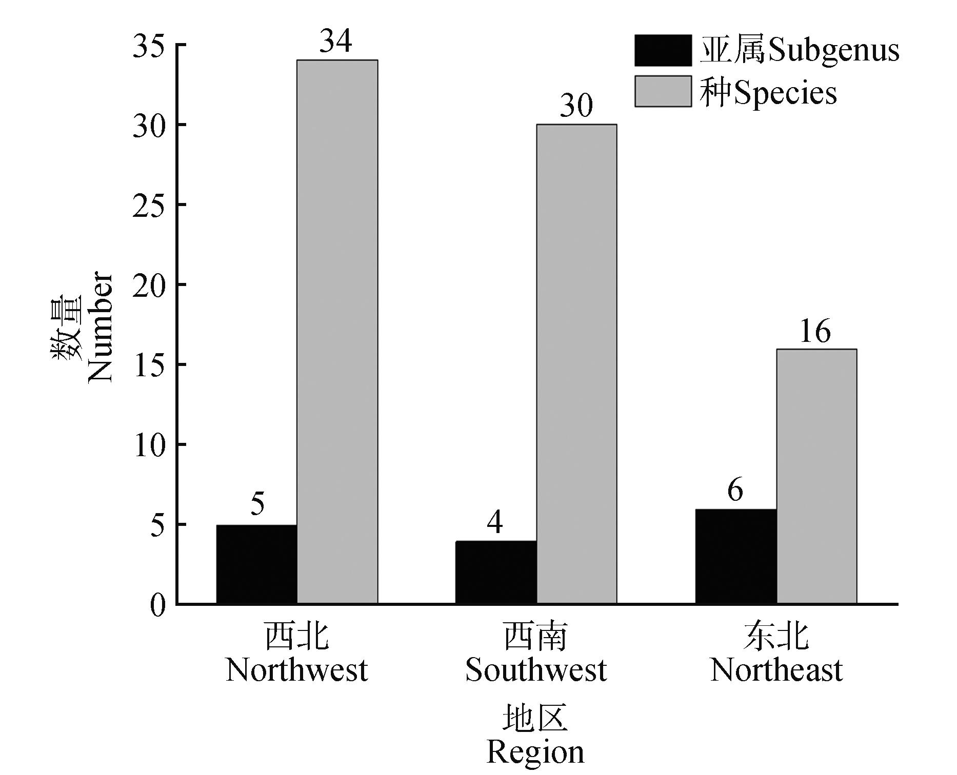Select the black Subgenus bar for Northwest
[256, 564]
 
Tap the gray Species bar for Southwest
[576, 364]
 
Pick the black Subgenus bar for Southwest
[496, 573]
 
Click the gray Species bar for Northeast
[816, 477]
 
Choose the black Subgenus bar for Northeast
[736, 557]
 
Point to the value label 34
[336, 41]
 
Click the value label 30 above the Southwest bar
[576, 106]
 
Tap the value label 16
[815, 331]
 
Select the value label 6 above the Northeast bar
[735, 490]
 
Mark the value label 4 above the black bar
[495, 522]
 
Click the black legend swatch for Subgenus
[663, 50]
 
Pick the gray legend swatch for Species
[663, 91]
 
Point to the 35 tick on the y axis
[149, 46]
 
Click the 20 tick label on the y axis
[149, 285]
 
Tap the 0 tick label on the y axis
[158, 605]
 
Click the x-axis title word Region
[535, 752]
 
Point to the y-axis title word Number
[100, 328]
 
